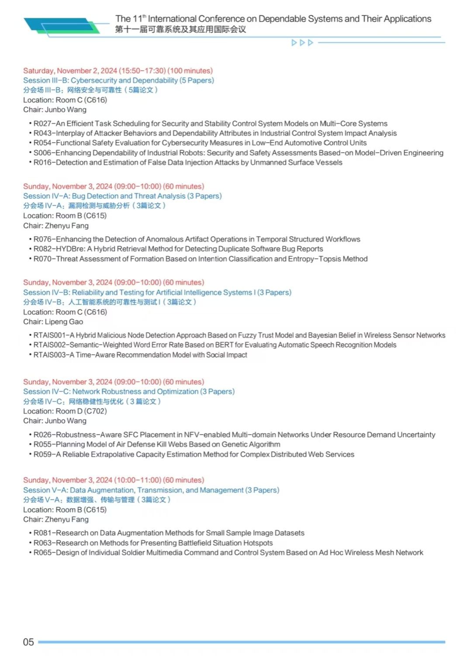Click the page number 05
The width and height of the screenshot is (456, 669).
pyautogui.click(x=28, y=642)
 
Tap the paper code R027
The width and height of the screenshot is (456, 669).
pyautogui.click(x=43, y=124)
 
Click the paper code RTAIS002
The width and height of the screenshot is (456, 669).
pyautogui.click(x=49, y=345)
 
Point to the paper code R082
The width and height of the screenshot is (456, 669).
pyautogui.click(x=43, y=249)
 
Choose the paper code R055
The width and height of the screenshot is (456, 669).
pyautogui.click(x=43, y=444)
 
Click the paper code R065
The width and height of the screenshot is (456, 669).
pyautogui.click(x=43, y=552)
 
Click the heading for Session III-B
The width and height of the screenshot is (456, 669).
pyautogui.click(x=118, y=80)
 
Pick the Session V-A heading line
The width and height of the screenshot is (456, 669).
pyautogui.click(x=151, y=490)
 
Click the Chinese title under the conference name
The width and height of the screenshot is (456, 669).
pyautogui.click(x=180, y=30)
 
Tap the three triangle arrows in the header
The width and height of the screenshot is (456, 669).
pyautogui.click(x=302, y=43)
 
